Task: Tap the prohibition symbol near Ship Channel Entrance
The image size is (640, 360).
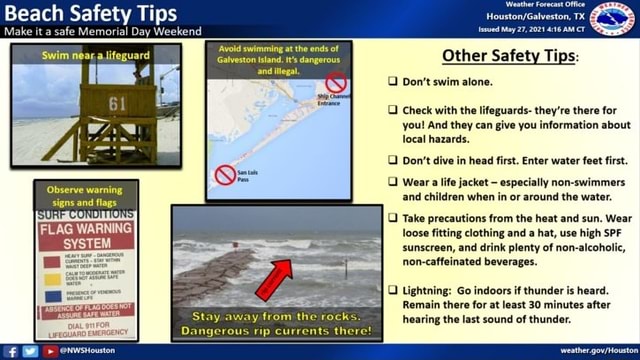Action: coord(337,83)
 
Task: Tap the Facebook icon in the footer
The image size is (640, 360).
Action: coord(12,351)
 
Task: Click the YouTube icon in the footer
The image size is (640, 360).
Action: coord(48,351)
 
